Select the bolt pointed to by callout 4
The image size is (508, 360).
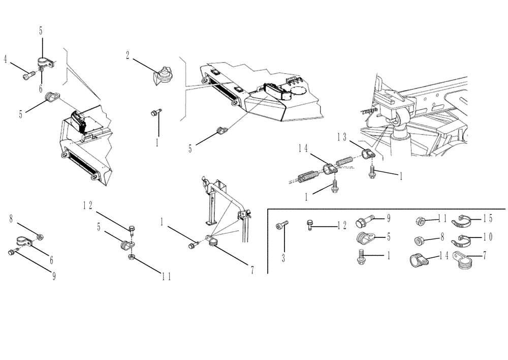(x=28, y=76)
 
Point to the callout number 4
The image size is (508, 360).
(x=5, y=60)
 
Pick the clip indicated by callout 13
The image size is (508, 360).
(x=368, y=153)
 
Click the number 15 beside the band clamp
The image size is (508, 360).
(x=488, y=219)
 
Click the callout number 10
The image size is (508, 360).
(x=488, y=237)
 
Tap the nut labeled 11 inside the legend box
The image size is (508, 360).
(x=420, y=220)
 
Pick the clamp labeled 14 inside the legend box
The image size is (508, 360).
(x=419, y=260)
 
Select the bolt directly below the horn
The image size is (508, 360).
(x=155, y=113)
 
